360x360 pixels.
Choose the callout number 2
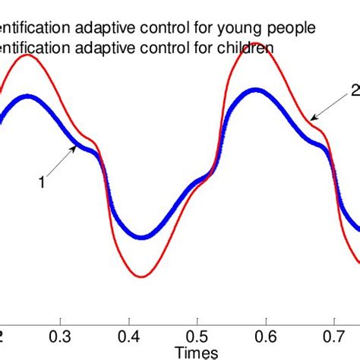point(355,90)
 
